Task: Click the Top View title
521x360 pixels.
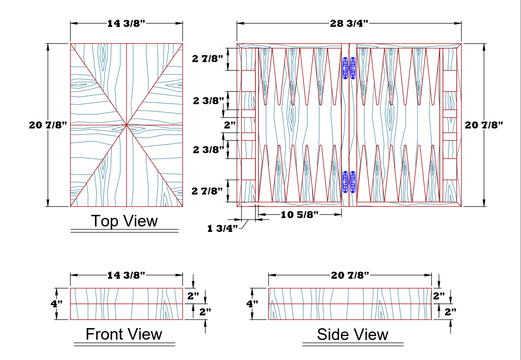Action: click(x=124, y=221)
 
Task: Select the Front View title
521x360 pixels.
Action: click(x=124, y=334)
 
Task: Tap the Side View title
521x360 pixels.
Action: click(x=352, y=335)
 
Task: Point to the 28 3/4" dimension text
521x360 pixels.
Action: click(x=349, y=24)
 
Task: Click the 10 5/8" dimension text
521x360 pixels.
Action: click(x=299, y=215)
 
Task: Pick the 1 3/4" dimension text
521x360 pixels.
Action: click(x=222, y=228)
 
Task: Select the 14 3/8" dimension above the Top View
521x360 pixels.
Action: click(x=126, y=24)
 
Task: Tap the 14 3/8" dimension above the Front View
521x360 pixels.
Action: click(x=126, y=275)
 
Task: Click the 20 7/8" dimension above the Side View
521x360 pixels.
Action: click(x=350, y=275)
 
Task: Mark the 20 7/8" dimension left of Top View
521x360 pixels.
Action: click(x=48, y=125)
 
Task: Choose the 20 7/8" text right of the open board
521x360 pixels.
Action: click(x=484, y=125)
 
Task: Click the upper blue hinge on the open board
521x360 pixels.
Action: click(x=349, y=68)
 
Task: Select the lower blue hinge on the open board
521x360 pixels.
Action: click(x=349, y=182)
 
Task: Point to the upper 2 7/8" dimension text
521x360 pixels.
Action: click(x=208, y=59)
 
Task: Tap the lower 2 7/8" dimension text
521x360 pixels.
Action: click(x=207, y=191)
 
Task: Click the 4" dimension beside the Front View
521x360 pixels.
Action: click(x=57, y=304)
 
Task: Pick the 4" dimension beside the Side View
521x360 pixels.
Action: click(x=252, y=304)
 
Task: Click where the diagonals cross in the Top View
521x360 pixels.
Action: click(x=126, y=125)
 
